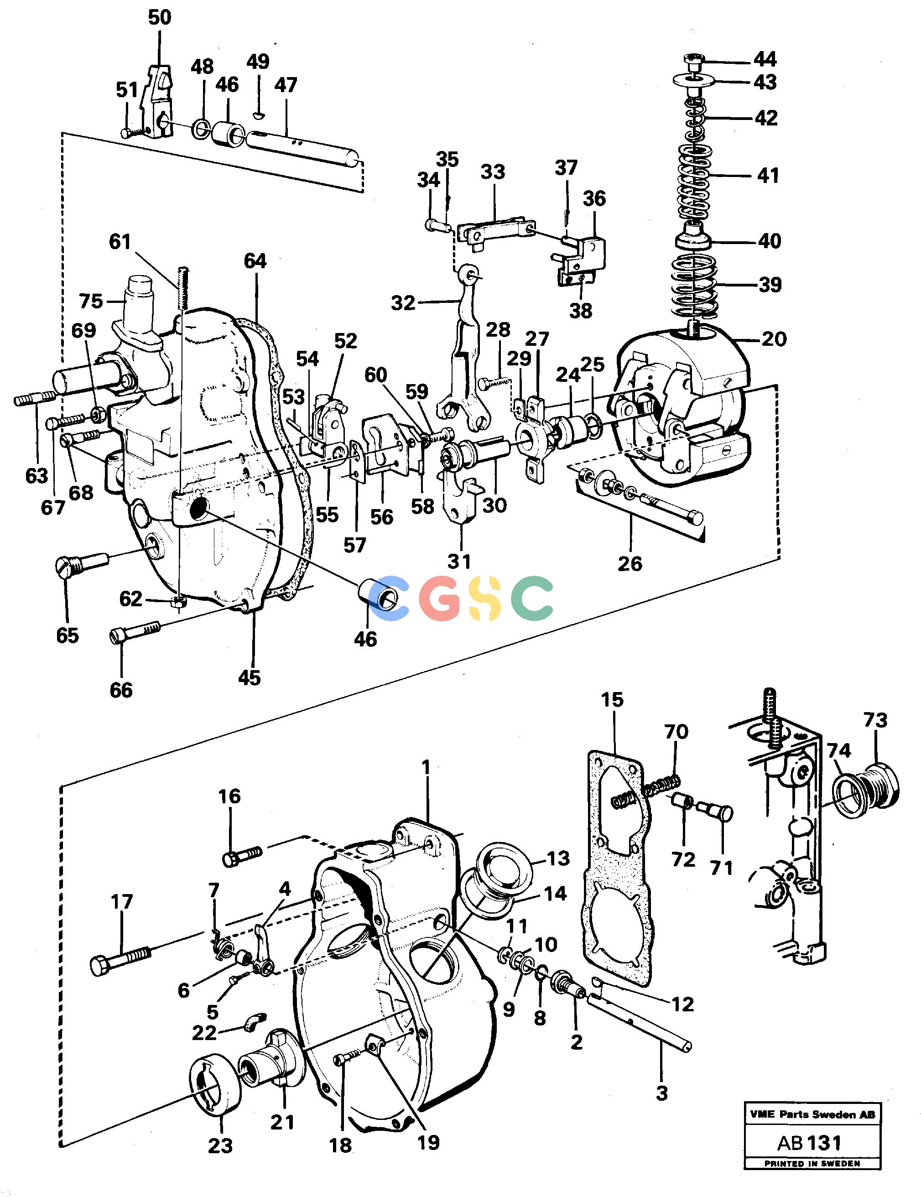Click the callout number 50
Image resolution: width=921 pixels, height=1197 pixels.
(x=160, y=17)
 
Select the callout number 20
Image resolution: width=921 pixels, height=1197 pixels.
(x=774, y=339)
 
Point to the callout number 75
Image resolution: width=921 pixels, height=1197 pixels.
(x=91, y=301)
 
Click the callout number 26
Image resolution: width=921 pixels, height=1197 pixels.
(x=630, y=563)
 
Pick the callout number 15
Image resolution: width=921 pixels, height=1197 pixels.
(x=612, y=699)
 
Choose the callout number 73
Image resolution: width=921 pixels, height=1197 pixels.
(x=875, y=720)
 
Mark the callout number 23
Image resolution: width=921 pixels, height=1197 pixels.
(x=220, y=1145)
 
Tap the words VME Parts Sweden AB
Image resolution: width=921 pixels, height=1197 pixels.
(x=812, y=1114)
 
